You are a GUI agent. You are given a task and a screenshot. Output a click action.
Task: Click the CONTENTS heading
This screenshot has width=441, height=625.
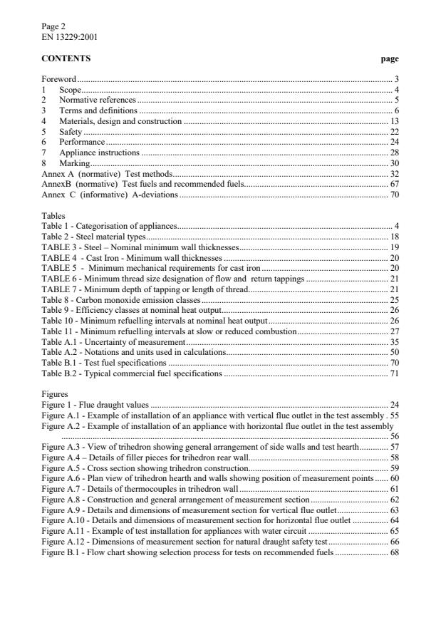(x=66, y=58)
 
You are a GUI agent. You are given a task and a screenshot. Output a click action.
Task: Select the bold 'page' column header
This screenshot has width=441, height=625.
(x=390, y=58)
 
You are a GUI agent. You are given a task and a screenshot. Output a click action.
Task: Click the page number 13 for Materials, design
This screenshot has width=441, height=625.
(x=394, y=122)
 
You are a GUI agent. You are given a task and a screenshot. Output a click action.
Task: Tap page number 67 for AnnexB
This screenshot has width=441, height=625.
(x=394, y=184)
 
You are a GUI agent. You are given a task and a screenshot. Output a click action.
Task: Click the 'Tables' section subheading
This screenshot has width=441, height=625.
(x=53, y=215)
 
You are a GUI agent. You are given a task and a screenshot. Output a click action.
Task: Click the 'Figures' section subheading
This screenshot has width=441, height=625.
(x=55, y=394)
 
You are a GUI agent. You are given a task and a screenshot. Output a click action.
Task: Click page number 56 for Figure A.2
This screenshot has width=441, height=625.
(x=394, y=435)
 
